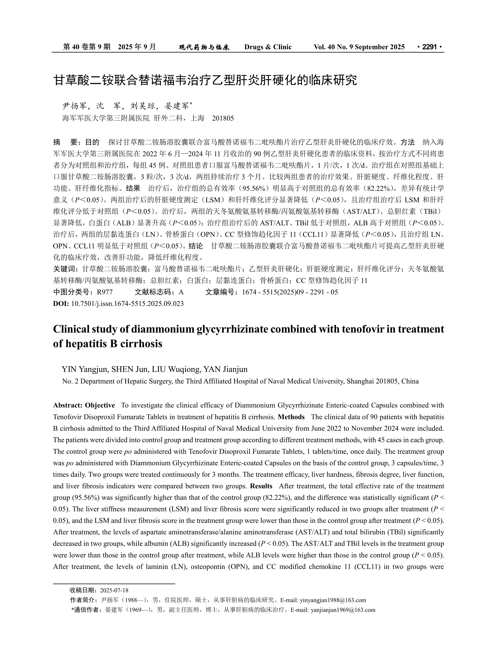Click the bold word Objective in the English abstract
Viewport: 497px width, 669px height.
click(100, 405)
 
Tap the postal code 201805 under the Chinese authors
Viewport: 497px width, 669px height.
click(223, 118)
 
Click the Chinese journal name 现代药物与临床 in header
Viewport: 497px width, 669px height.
click(204, 47)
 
